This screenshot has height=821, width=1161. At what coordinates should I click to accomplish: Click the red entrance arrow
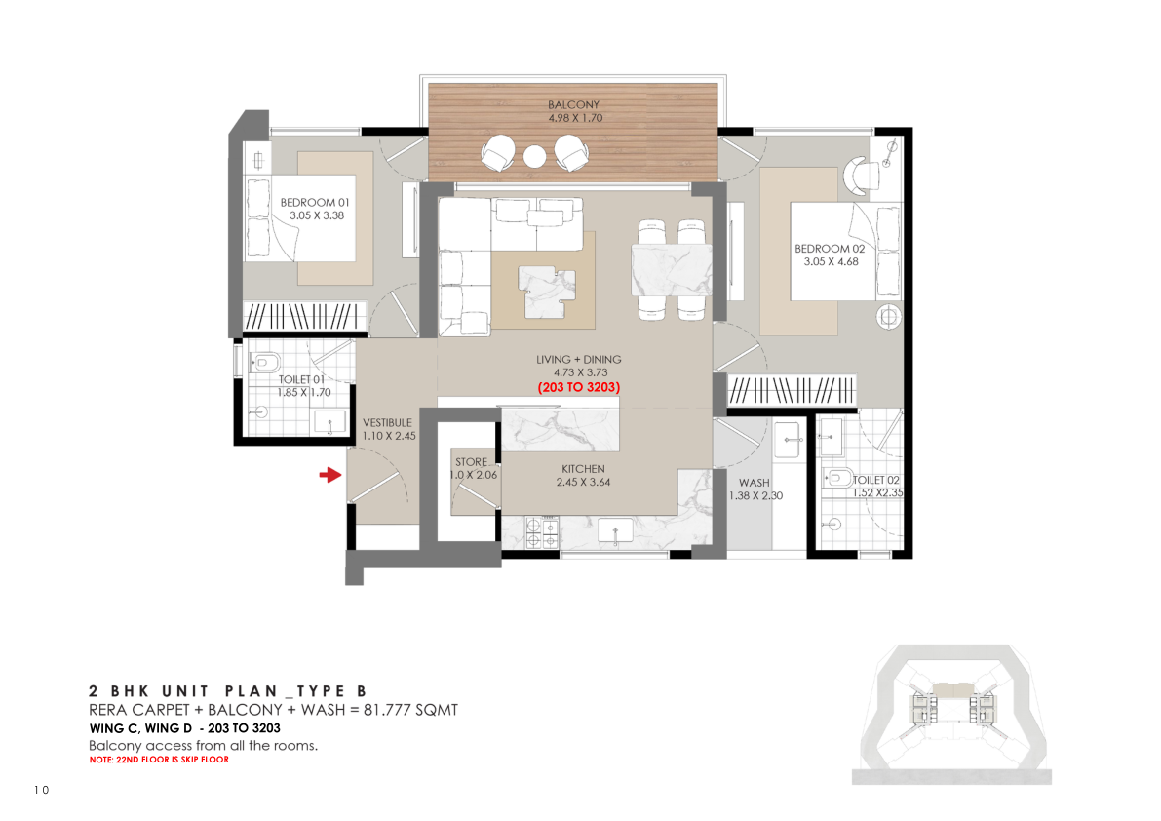[x=330, y=475]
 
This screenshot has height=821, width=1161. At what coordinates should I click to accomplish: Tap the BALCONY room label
[x=574, y=105]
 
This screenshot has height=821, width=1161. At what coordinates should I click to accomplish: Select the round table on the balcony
[x=534, y=156]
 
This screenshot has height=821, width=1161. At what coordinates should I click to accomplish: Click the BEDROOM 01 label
[x=315, y=202]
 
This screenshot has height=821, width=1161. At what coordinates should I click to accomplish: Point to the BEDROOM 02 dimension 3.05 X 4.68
[x=831, y=261]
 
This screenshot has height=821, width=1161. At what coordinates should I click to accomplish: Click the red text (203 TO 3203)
[x=579, y=387]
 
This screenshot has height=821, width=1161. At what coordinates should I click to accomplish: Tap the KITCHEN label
[x=584, y=469]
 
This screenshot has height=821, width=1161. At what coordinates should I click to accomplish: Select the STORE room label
[x=471, y=462]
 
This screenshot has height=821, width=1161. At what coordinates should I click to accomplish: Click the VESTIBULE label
[x=387, y=423]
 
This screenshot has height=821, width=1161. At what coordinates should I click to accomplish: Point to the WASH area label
[x=754, y=483]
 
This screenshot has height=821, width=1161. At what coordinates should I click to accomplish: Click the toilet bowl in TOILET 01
[x=265, y=363]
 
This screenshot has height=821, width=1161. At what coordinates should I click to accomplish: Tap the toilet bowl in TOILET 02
[x=839, y=478]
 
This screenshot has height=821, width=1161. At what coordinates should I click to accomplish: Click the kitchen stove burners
[x=542, y=533]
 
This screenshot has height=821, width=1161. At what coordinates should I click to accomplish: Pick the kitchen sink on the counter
[x=615, y=530]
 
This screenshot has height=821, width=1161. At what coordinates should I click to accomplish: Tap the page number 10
[x=42, y=790]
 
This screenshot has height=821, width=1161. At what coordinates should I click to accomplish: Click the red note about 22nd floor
[x=159, y=760]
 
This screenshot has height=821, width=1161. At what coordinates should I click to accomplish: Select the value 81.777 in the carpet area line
[x=386, y=710]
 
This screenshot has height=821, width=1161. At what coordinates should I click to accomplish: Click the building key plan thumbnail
[x=952, y=715]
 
